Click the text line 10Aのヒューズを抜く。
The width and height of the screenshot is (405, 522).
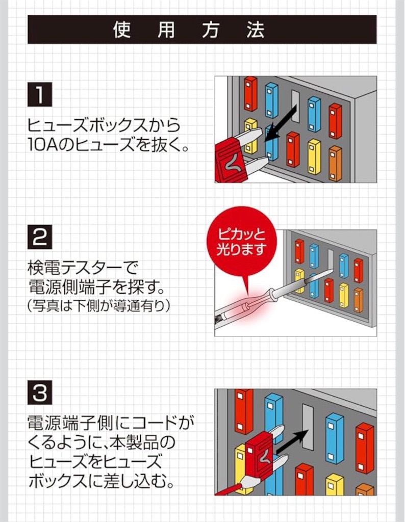108,146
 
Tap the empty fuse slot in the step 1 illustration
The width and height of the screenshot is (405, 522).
295,106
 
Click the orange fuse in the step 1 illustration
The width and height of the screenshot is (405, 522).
335,163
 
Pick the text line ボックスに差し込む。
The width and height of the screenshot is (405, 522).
100,481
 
